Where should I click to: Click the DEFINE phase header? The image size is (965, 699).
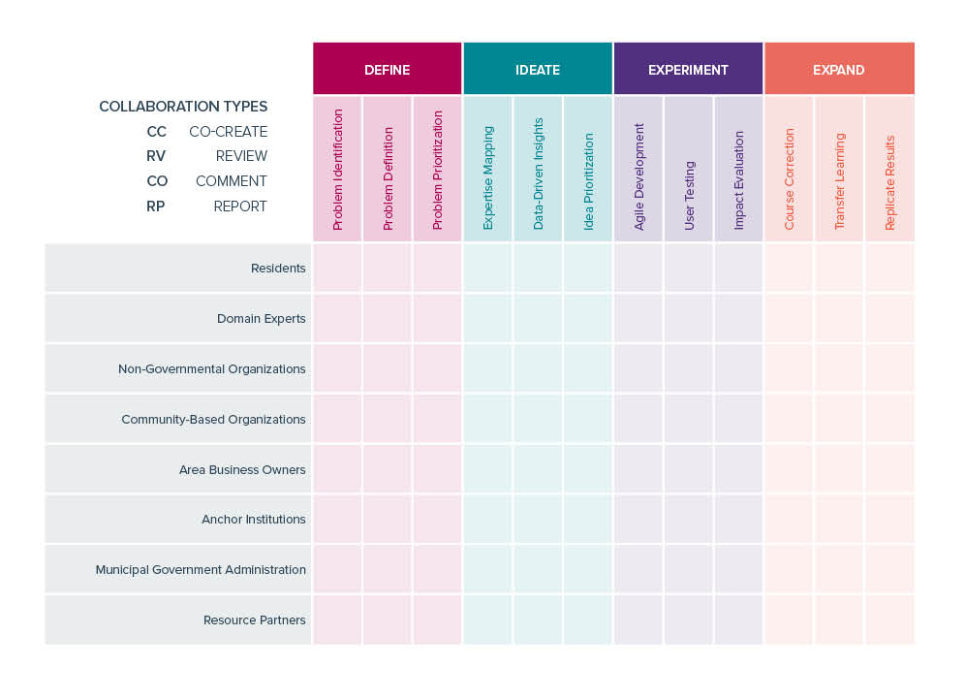[x=388, y=69]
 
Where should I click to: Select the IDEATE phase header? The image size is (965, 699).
[x=538, y=69]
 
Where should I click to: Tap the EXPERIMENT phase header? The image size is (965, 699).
[x=688, y=69]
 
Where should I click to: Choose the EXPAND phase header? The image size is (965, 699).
[x=839, y=69]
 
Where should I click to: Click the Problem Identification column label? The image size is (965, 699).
[x=337, y=170]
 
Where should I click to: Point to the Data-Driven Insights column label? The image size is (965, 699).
[x=538, y=174]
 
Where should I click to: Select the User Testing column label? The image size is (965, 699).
[x=689, y=195]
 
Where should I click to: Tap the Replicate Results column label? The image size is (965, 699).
[x=889, y=183]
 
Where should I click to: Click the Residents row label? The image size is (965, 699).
[x=278, y=268]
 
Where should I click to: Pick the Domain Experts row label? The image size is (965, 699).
[x=261, y=318]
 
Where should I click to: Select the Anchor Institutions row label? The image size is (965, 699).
[x=254, y=520]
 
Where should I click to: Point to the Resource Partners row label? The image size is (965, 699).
[x=254, y=620]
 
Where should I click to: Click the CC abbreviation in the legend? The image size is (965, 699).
[x=156, y=131]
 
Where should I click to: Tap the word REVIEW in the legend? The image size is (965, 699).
[x=241, y=156]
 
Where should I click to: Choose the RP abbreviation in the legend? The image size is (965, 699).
[x=156, y=207]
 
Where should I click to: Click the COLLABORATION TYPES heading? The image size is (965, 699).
[x=183, y=106]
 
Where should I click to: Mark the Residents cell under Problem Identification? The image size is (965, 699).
[x=337, y=268]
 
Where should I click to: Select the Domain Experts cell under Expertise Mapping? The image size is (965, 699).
[x=488, y=318]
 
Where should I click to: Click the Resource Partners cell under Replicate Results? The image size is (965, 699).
[x=890, y=620]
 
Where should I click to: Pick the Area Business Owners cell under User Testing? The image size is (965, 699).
[x=689, y=469]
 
